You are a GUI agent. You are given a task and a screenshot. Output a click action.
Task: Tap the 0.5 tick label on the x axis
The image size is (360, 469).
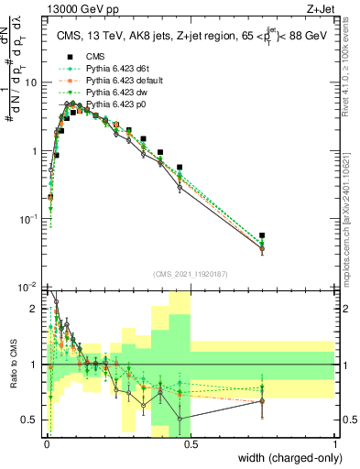coord(191,442)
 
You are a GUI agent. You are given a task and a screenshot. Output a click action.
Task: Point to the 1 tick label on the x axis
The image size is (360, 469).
coord(335,442)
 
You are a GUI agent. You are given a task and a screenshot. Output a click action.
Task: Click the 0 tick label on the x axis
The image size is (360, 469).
coord(46,442)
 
